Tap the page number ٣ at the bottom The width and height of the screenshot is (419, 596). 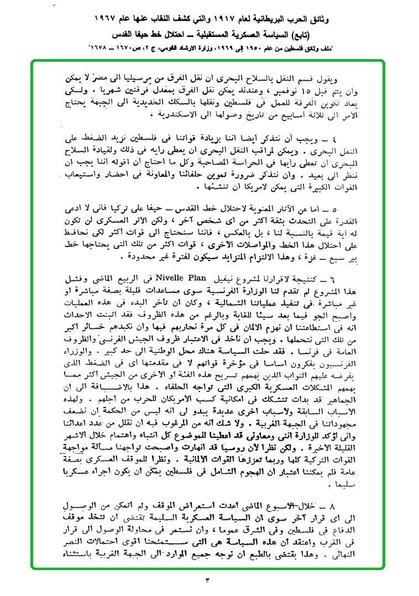point(208,580)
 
